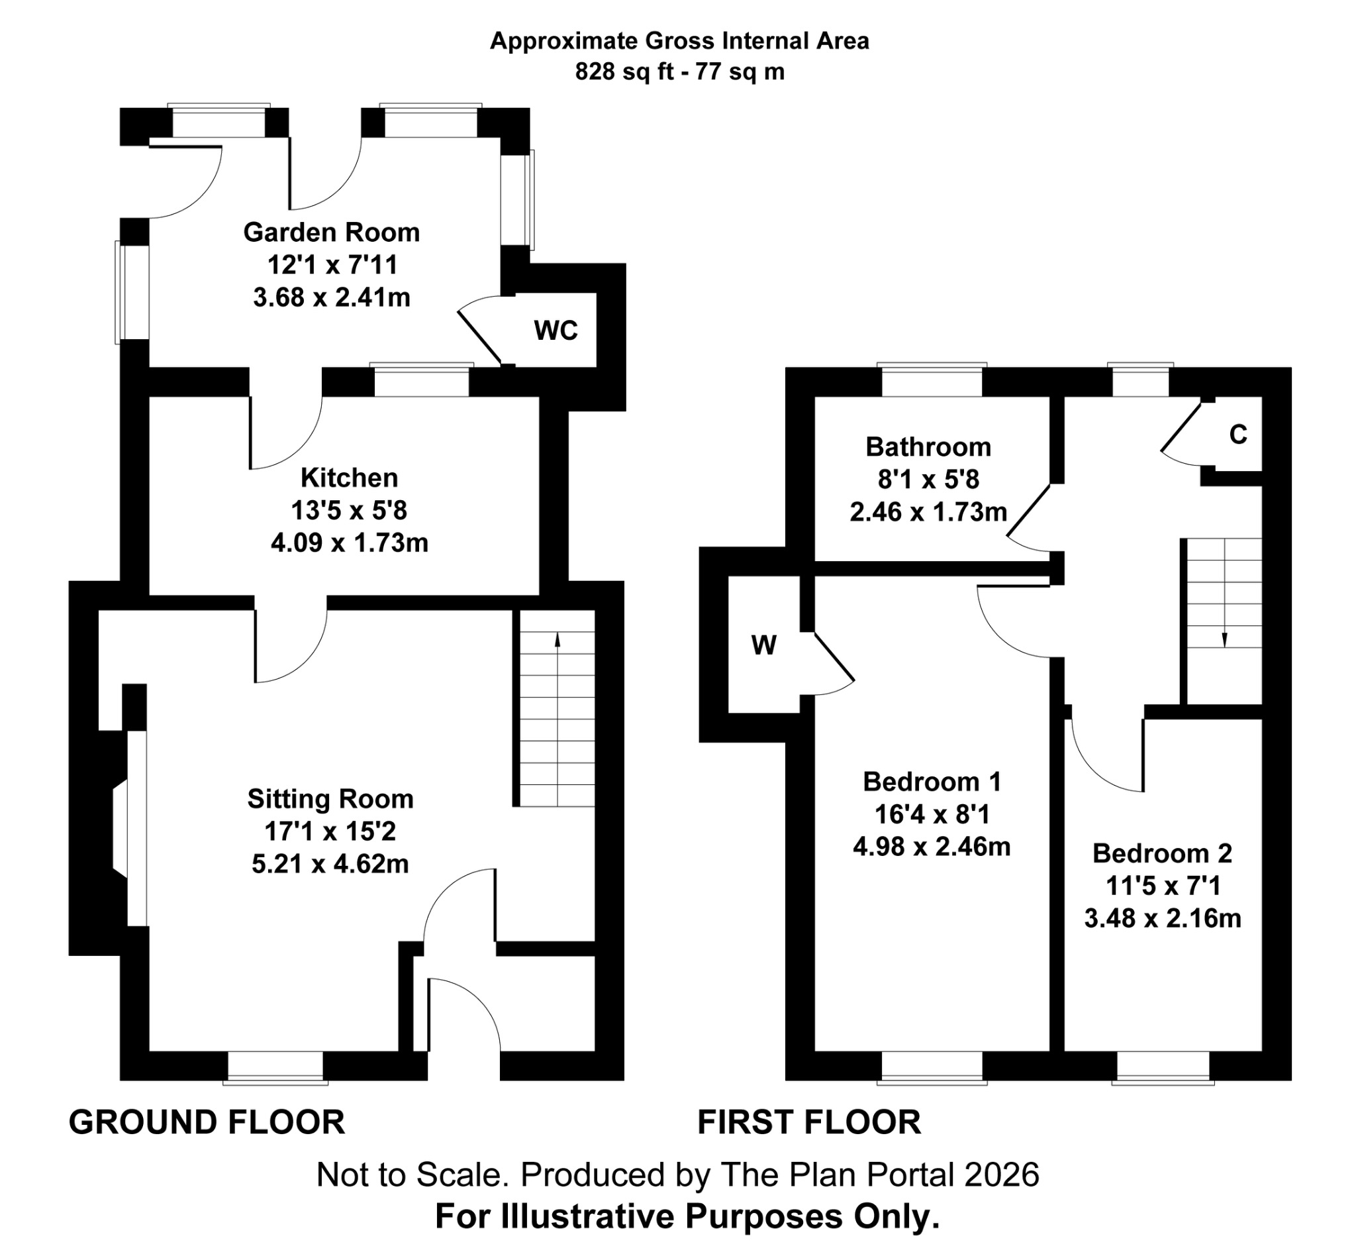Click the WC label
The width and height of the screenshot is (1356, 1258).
tap(556, 331)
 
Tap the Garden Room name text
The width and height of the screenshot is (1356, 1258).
tap(331, 233)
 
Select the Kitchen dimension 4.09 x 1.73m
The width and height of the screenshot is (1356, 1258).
tap(349, 543)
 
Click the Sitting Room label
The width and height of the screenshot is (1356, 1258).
tap(330, 799)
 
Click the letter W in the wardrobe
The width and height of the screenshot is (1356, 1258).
tap(763, 645)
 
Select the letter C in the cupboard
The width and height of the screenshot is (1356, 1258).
tap(1237, 435)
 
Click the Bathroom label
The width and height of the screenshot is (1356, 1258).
tap(928, 447)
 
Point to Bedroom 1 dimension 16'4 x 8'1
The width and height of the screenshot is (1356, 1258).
tap(932, 814)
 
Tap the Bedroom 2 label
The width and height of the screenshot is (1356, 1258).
tap(1162, 854)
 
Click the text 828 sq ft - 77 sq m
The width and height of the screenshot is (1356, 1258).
tap(679, 72)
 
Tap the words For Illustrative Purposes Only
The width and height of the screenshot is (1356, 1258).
tap(687, 1216)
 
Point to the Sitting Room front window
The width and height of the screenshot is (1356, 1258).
tap(275, 1067)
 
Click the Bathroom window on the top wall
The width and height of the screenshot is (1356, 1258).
tap(932, 381)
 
